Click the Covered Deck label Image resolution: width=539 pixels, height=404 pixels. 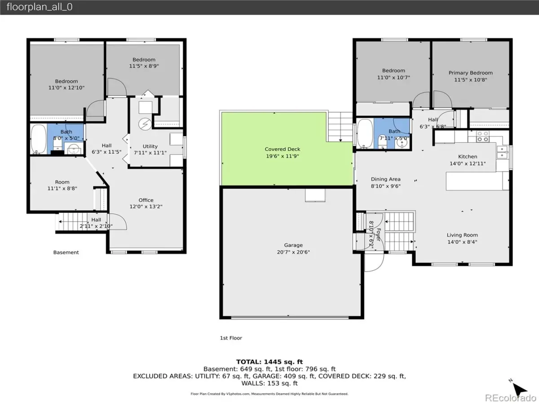283,149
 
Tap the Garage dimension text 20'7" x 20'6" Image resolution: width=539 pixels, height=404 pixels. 293,252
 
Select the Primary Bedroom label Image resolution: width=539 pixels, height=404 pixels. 470,73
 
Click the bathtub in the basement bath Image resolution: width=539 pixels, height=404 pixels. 39,139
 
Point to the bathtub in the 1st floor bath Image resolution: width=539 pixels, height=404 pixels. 365,134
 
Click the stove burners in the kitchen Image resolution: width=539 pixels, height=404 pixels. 482,136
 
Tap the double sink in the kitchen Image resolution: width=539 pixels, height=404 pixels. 502,152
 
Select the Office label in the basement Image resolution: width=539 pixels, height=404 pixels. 146,200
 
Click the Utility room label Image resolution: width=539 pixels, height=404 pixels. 150,146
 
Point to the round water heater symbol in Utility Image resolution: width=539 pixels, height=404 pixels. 145,124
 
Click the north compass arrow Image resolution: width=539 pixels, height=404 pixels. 519,389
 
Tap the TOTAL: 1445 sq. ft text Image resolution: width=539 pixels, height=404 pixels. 269,362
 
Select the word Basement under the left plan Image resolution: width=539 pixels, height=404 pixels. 66,252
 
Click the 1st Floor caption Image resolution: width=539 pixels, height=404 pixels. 231,338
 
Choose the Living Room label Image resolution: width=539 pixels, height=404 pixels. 462,235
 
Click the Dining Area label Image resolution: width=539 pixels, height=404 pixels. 385,179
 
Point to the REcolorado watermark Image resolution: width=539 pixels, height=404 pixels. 511,398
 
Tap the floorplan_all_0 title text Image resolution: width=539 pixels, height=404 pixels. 40,7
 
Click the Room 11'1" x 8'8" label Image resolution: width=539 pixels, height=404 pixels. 62,185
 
